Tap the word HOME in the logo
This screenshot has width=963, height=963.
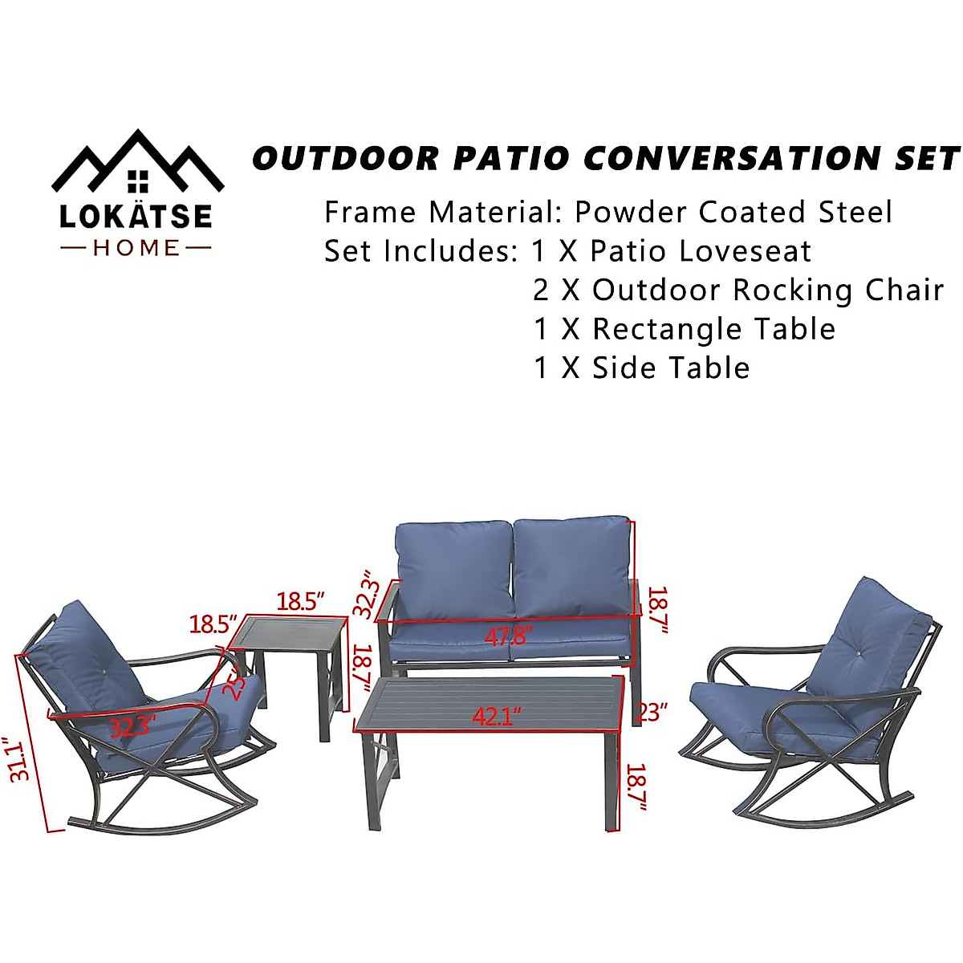tap(137, 248)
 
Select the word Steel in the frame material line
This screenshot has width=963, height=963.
tap(855, 213)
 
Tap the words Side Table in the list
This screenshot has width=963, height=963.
tap(671, 368)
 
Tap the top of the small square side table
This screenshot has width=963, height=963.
tap(287, 632)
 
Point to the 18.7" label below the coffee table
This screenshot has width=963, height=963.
tap(636, 790)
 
